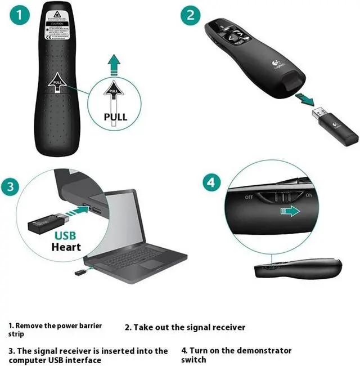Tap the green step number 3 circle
click(12, 188)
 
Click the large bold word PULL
click(116, 118)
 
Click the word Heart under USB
click(66, 247)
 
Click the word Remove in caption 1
click(29, 325)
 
